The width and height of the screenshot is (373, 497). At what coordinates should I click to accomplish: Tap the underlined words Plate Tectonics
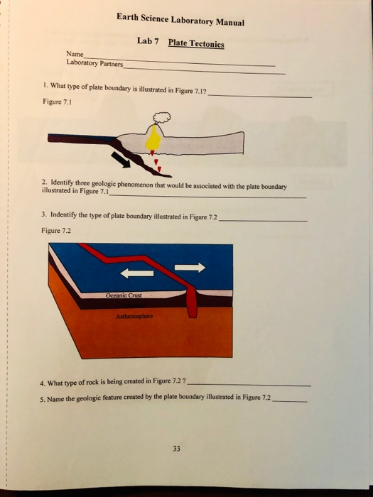[x=196, y=43]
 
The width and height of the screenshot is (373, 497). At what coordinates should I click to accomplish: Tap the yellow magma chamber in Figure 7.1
[x=153, y=141]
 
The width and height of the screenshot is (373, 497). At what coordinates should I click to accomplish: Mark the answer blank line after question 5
[x=291, y=401]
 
